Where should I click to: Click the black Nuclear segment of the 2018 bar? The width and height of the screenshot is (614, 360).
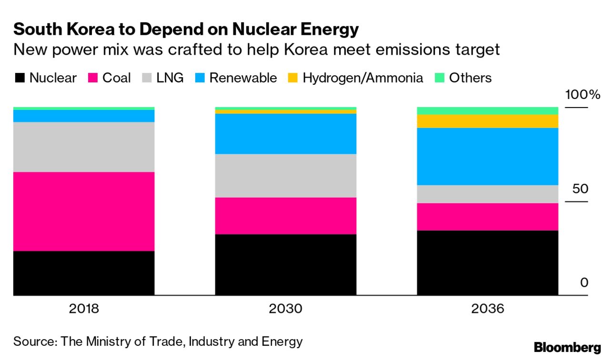pyautogui.click(x=84, y=273)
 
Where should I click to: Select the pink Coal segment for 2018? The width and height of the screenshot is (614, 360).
pyautogui.click(x=84, y=211)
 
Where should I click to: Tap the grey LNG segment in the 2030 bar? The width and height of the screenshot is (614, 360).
pyautogui.click(x=285, y=176)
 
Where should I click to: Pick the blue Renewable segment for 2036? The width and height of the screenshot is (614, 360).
pyautogui.click(x=487, y=156)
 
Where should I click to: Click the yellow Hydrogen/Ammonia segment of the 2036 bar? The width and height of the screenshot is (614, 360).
pyautogui.click(x=487, y=121)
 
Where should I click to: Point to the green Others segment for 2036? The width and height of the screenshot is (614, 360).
pyautogui.click(x=487, y=111)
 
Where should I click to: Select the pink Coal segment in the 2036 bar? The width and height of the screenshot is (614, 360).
pyautogui.click(x=487, y=217)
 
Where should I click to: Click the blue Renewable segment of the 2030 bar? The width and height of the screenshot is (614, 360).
pyautogui.click(x=285, y=134)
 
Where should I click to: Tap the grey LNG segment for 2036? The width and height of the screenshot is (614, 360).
pyautogui.click(x=487, y=194)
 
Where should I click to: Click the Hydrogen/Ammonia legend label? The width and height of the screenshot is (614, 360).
pyautogui.click(x=362, y=78)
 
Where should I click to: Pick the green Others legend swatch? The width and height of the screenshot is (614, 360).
pyautogui.click(x=440, y=78)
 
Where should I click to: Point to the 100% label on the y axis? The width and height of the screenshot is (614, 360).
pyautogui.click(x=583, y=94)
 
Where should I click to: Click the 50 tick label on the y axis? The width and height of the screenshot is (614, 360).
pyautogui.click(x=580, y=189)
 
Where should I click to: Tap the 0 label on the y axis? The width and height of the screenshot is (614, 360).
pyautogui.click(x=584, y=283)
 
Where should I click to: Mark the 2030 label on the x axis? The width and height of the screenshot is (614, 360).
pyautogui.click(x=285, y=309)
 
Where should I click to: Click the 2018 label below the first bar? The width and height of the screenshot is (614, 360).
pyautogui.click(x=84, y=309)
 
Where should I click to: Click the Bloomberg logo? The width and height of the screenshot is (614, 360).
pyautogui.click(x=567, y=348)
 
